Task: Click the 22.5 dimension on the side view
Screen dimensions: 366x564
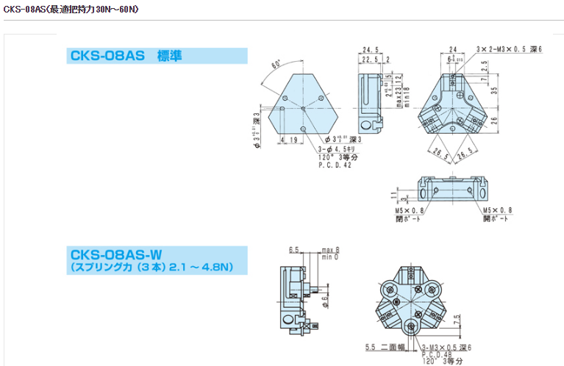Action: point(369,60)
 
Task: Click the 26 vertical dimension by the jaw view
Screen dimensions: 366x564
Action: point(495,120)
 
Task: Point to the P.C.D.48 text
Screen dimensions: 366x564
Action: point(437,354)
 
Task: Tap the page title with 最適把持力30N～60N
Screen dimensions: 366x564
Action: point(71,10)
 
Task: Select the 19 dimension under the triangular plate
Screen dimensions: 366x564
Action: point(293,139)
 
